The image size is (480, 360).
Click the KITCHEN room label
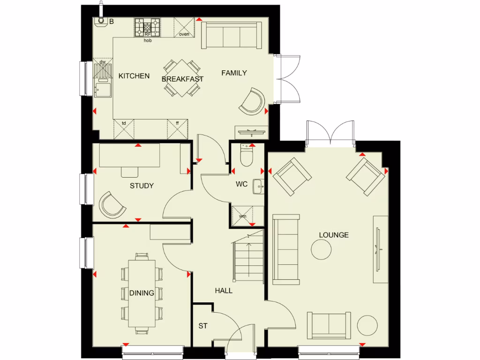point(134,76)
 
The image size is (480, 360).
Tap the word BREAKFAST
point(182,79)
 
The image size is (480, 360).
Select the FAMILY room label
point(234,73)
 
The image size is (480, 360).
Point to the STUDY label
point(142,186)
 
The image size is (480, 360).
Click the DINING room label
point(142,293)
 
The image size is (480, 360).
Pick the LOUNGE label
point(334,235)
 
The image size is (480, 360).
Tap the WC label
point(241,184)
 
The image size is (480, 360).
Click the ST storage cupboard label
point(202,326)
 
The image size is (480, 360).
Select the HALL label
point(224,291)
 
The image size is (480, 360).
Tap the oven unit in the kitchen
point(184,27)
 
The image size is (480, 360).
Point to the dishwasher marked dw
point(103,70)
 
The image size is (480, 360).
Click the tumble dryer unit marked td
point(124,128)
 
